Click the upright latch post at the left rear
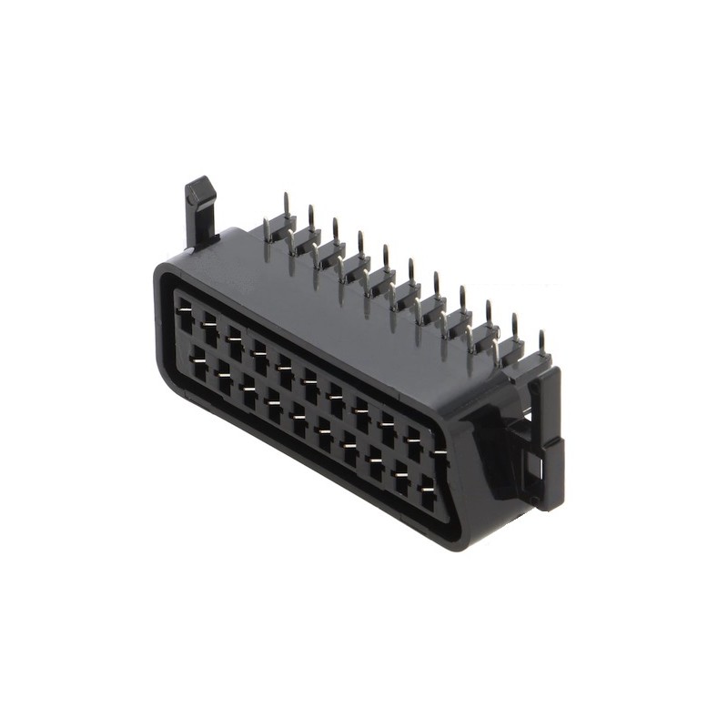coord(199,218)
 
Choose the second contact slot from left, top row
coord(210,324)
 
